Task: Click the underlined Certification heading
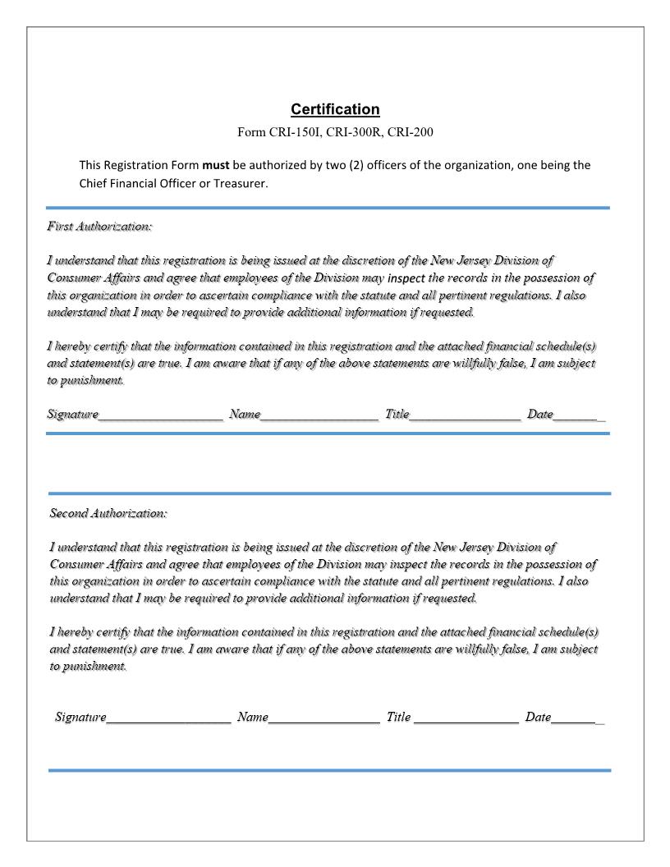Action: [x=335, y=109]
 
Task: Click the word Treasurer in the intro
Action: [x=238, y=183]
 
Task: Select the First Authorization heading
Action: [x=99, y=226]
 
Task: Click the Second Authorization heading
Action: [x=108, y=513]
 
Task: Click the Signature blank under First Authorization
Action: [x=161, y=415]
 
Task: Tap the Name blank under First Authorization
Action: [x=319, y=415]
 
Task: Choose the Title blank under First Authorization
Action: [x=465, y=415]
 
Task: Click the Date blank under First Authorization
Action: [x=579, y=415]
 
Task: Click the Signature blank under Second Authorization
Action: [x=168, y=718]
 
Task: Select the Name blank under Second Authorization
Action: [x=324, y=718]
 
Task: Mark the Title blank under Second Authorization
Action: [x=466, y=718]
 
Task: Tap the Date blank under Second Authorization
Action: [x=577, y=718]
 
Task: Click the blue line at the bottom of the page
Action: [x=330, y=770]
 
